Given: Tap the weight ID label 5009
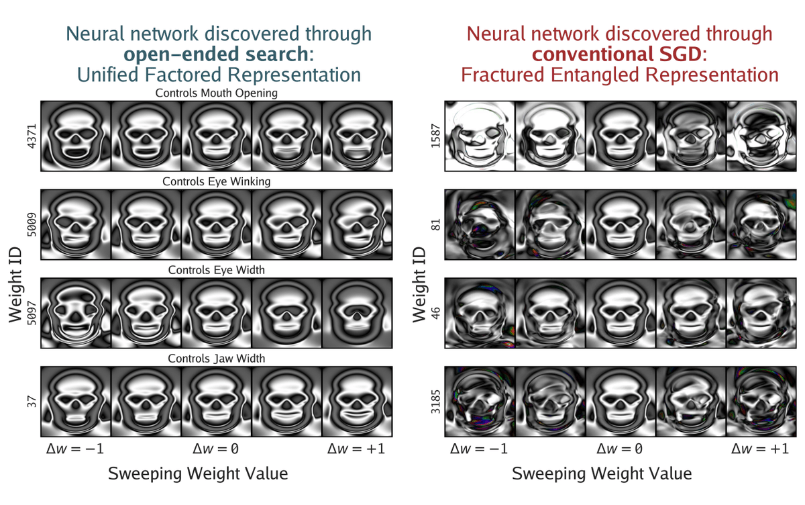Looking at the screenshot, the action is pyautogui.click(x=32, y=225).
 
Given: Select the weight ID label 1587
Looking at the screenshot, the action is pyautogui.click(x=435, y=136).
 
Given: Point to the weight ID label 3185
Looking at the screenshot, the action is pyautogui.click(x=435, y=402).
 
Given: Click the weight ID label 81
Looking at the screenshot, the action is pyautogui.click(x=435, y=225).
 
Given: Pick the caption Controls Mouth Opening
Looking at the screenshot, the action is pyautogui.click(x=216, y=93).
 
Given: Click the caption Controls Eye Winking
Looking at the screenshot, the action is pyautogui.click(x=216, y=181).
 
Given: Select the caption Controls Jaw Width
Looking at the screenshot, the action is pyautogui.click(x=216, y=359).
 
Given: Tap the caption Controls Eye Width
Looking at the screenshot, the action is pyautogui.click(x=216, y=270).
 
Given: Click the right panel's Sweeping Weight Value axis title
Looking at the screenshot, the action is pyautogui.click(x=602, y=473).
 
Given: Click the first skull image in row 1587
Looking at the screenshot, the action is pyautogui.click(x=480, y=136).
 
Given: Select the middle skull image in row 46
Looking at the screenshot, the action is pyautogui.click(x=620, y=313).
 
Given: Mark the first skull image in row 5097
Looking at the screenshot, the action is pyautogui.click(x=75, y=313).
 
